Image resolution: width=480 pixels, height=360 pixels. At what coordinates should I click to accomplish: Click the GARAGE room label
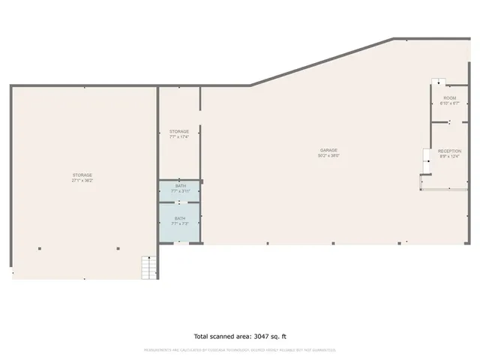[329, 151]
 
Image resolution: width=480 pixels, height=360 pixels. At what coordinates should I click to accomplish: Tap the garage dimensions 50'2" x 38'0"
[329, 156]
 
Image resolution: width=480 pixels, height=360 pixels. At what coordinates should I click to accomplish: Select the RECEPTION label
[450, 151]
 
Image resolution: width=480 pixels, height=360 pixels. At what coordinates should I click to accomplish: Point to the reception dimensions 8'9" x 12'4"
[450, 156]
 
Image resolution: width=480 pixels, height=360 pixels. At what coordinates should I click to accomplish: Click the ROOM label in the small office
[449, 98]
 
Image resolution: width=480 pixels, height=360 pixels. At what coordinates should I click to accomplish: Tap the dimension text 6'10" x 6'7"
[449, 103]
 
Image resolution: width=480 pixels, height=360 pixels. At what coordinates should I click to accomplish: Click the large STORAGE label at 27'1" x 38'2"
[82, 175]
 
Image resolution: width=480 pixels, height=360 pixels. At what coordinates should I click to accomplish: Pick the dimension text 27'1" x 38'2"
[82, 181]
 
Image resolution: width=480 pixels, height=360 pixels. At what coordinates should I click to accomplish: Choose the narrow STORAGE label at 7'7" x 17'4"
[178, 131]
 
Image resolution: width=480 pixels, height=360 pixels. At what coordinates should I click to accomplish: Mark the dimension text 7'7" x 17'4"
[178, 136]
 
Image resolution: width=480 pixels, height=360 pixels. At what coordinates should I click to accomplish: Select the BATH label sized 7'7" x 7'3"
[180, 218]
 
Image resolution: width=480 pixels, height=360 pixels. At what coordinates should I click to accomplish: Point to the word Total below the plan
[204, 336]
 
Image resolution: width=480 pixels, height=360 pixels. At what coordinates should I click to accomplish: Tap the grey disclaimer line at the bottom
[240, 350]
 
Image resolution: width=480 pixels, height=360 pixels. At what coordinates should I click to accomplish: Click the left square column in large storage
[40, 249]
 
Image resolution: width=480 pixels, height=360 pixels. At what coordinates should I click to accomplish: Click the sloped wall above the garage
[322, 61]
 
